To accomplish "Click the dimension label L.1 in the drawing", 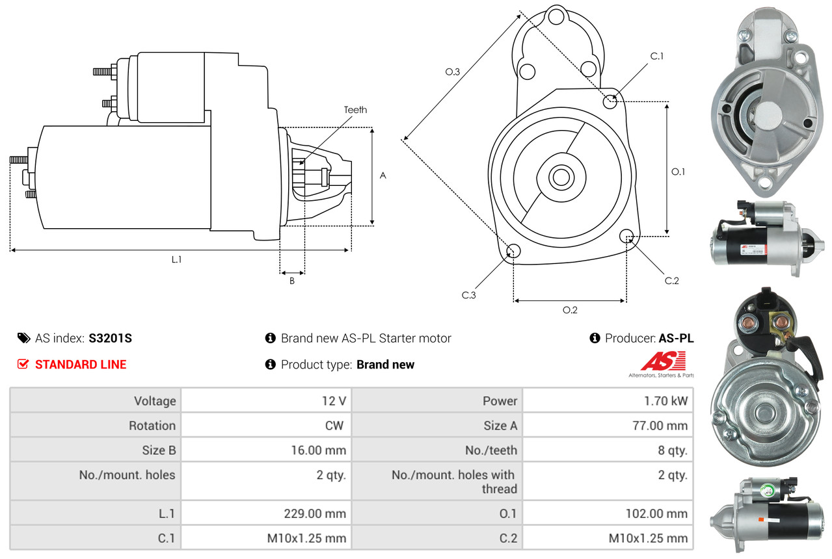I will tap(176, 259).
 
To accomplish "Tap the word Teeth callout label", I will tap(355, 110).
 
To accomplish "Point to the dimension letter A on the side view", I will tap(383, 175).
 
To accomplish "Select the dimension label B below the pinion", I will tap(291, 281).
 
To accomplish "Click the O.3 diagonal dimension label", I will tap(453, 72).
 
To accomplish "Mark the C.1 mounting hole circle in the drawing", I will tap(610, 101).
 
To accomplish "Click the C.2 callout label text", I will tap(671, 281).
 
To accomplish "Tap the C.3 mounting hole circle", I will tap(513, 252).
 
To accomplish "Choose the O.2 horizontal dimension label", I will tap(570, 310).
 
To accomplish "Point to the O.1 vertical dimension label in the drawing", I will tap(678, 172).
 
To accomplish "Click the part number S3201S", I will tap(111, 338).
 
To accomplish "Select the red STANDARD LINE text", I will tap(81, 365).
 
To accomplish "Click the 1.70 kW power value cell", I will tap(665, 401).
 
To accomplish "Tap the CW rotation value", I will tap(336, 426).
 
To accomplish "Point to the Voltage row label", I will tap(155, 401).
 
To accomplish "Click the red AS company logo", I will tap(662, 361).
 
